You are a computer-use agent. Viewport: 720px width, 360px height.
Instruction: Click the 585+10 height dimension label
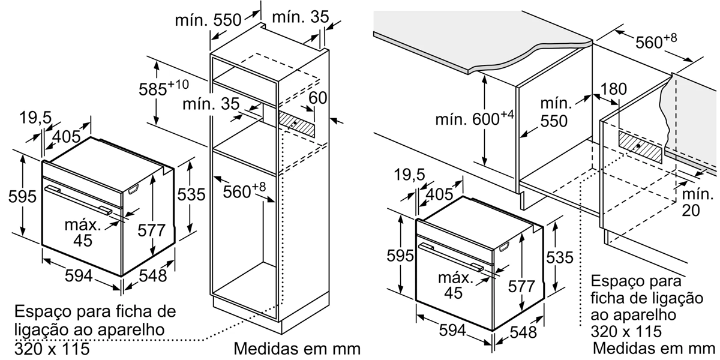tap(164, 88)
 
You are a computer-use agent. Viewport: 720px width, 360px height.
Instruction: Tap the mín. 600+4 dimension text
tap(475, 119)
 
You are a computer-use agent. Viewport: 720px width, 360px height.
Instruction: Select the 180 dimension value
tap(613, 89)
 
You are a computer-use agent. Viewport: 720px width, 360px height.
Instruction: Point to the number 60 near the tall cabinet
tap(317, 98)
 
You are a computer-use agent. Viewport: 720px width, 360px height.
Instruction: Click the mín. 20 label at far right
tap(697, 202)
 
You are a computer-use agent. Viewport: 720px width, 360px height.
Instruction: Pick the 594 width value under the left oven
tap(79, 275)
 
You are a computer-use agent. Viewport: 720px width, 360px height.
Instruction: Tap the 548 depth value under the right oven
tap(523, 332)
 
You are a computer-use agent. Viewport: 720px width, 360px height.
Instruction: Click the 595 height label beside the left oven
tap(22, 196)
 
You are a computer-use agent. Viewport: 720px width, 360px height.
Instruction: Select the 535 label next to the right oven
tap(560, 257)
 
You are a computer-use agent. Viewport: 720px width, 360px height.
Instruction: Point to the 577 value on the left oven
tap(151, 230)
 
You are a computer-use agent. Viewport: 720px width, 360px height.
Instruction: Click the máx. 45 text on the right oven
tap(455, 286)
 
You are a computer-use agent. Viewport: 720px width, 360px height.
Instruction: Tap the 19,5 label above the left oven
tap(35, 118)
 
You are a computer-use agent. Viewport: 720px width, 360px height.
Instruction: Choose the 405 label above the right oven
tap(439, 194)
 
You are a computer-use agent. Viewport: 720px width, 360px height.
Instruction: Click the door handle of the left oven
tap(79, 200)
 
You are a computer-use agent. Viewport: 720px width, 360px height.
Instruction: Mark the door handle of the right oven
tap(451, 257)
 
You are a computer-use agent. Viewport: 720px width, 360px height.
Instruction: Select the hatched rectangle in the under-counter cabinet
tap(640, 146)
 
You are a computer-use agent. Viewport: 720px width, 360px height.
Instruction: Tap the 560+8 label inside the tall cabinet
tap(245, 191)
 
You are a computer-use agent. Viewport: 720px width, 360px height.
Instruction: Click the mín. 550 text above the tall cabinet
tap(208, 20)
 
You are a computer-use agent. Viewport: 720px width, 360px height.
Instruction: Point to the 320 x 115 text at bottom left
tap(52, 349)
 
